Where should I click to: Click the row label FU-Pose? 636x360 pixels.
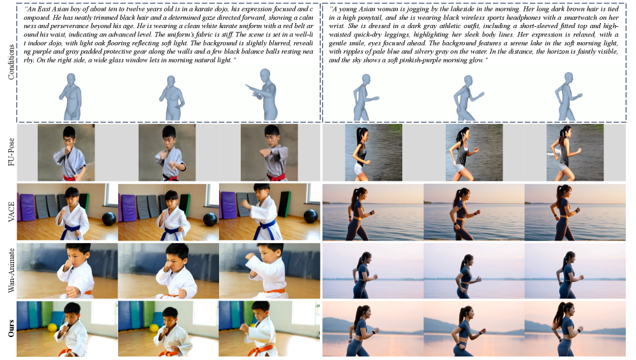[x=11, y=152]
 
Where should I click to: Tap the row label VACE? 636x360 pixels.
[x=11, y=212]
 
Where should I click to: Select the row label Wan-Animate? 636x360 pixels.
[x=11, y=270]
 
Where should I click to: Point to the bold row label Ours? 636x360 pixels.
[x=11, y=328]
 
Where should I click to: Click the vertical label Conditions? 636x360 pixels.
[x=11, y=62]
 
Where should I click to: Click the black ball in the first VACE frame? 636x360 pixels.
[x=109, y=219]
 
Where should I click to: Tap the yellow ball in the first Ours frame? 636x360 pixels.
[x=52, y=327]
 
